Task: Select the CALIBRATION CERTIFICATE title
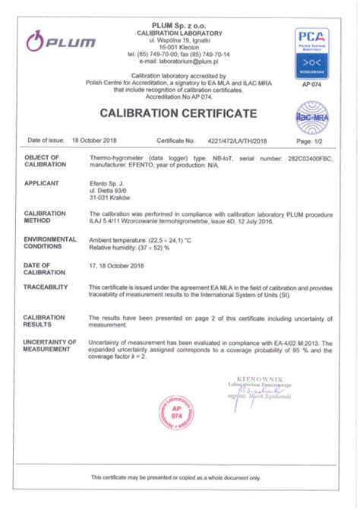click(178, 113)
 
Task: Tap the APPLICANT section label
click(43, 183)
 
